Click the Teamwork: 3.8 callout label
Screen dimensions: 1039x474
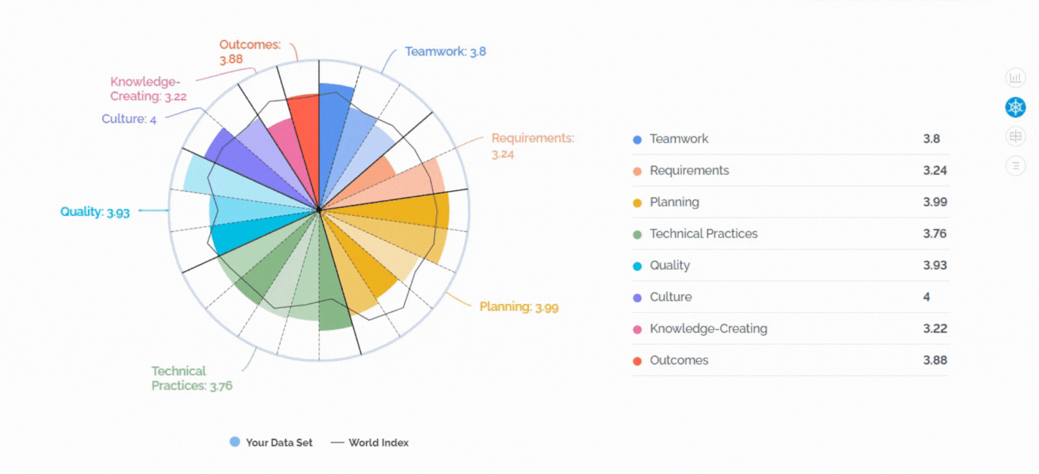click(x=445, y=52)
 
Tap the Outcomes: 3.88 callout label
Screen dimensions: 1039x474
click(x=250, y=52)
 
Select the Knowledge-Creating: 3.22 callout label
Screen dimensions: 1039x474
click(x=148, y=88)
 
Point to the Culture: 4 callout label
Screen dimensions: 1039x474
click(x=129, y=119)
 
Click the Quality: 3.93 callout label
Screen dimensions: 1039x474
click(x=95, y=212)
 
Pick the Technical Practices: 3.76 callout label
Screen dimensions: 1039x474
click(x=192, y=378)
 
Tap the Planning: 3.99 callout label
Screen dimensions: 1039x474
click(x=519, y=307)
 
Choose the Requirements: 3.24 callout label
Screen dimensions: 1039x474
click(x=533, y=146)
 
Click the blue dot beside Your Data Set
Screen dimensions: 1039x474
click(x=235, y=442)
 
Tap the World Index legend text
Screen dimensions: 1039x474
click(x=378, y=443)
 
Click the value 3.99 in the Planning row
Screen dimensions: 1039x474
click(x=935, y=202)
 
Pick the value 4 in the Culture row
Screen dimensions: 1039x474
click(x=927, y=297)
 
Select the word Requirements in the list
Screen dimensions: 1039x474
click(x=689, y=171)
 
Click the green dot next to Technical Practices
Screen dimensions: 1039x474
click(x=637, y=235)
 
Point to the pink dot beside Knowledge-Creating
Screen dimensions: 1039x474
click(x=637, y=330)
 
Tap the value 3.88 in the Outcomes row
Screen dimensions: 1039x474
click(x=935, y=360)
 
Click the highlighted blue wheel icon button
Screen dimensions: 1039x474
click(x=1016, y=107)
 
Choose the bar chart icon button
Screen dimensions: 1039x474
click(x=1016, y=77)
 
